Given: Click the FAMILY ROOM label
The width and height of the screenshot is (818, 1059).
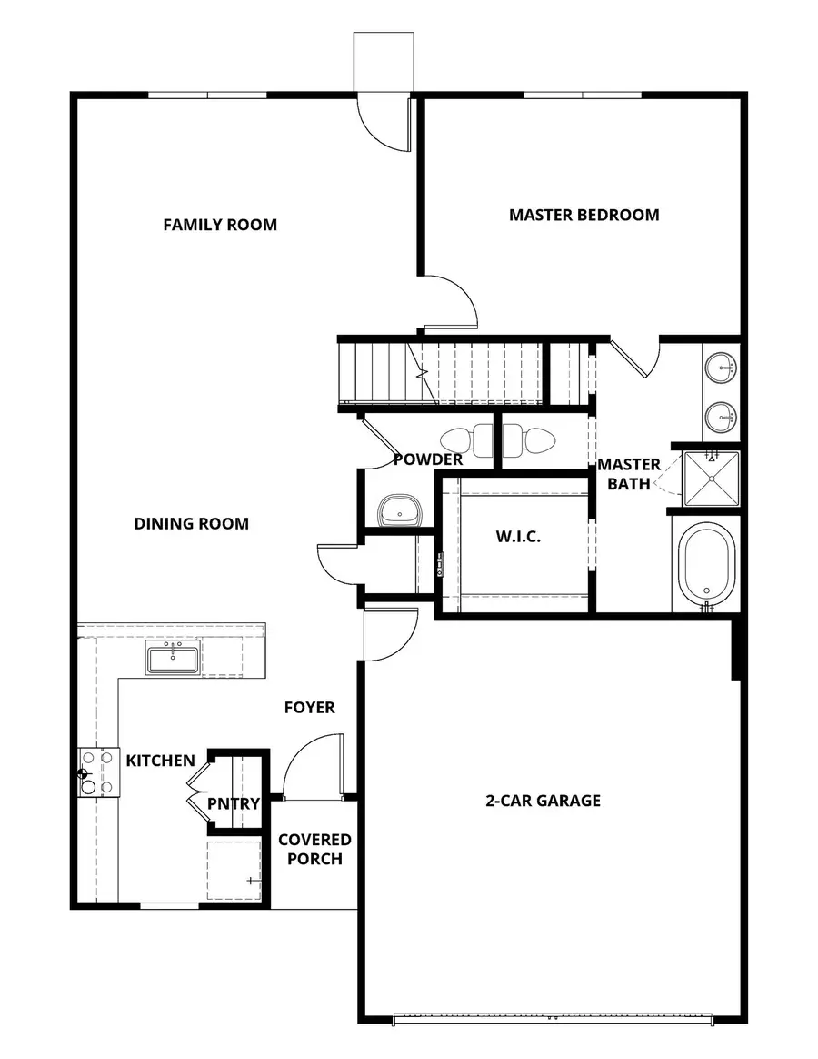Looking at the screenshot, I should tap(220, 225).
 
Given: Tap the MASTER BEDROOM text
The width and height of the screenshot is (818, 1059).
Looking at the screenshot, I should tap(584, 216).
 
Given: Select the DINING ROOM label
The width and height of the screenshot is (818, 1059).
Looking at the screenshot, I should tap(191, 524).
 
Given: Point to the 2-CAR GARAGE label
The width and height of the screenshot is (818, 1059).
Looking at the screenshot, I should tap(543, 801).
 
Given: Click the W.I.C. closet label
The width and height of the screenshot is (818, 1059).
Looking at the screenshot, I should tap(518, 537).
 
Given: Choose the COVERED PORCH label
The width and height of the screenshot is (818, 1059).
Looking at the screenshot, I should tap(314, 849).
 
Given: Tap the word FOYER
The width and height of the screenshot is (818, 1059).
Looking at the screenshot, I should tap(309, 707).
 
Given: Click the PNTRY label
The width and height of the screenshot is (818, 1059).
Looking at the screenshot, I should tap(234, 804).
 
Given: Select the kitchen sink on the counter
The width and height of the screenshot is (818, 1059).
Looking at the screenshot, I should tap(173, 657).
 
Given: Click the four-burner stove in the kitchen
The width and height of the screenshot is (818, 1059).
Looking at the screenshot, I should tap(98, 772).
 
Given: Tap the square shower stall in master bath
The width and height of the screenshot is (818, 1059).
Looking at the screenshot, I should tap(711, 479).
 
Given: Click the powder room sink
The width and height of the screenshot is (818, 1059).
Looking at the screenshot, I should tap(398, 511).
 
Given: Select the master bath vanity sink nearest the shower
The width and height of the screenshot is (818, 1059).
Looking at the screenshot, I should tap(722, 418).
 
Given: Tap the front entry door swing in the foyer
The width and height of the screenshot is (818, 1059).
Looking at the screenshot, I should tap(314, 766).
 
